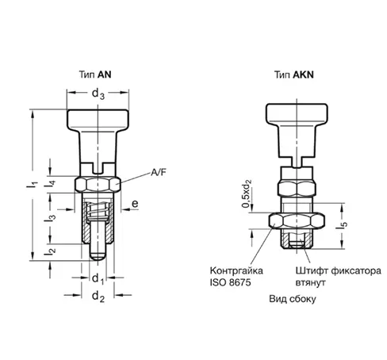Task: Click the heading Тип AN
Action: (95, 75)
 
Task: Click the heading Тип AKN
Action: (294, 75)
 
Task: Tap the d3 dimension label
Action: (98, 94)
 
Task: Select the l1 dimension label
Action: (32, 184)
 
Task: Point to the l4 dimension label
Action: (50, 184)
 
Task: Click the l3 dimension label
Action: (50, 218)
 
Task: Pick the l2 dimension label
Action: (50, 252)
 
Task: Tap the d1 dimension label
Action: (98, 279)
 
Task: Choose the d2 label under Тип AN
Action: (98, 297)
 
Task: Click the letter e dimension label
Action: (135, 204)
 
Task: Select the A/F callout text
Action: (159, 173)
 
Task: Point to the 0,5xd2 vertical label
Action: (246, 193)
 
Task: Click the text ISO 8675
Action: (230, 282)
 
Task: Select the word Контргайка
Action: (236, 271)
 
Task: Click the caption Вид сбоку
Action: (293, 299)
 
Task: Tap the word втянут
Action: (310, 282)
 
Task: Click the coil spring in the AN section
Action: (98, 209)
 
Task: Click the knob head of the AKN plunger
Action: (297, 113)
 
